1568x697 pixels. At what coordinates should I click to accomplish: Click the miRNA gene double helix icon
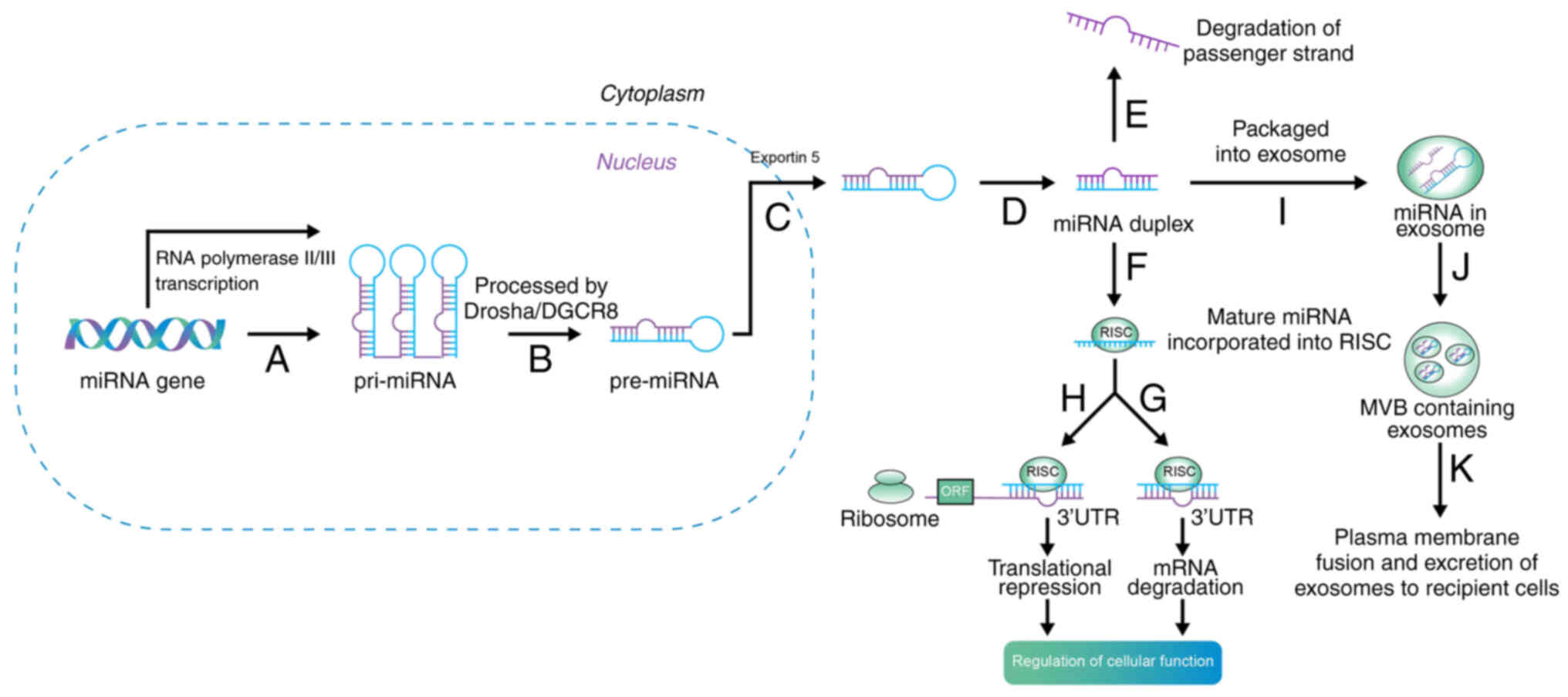[x=144, y=334]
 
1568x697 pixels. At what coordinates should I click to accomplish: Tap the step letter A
[x=277, y=359]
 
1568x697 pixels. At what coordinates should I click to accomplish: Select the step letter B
[x=540, y=359]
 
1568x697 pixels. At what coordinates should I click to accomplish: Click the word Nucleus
[x=636, y=162]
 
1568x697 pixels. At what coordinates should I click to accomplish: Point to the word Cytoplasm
[x=652, y=94]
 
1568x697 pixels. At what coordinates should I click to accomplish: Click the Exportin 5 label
[x=785, y=157]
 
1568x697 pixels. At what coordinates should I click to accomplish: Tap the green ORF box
[x=955, y=491]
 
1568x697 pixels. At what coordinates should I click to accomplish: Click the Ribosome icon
[x=890, y=487]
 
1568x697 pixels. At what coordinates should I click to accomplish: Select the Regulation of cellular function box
[x=1112, y=662]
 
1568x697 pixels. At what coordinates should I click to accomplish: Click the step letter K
[x=1461, y=468]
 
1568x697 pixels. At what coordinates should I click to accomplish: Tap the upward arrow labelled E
[x=1113, y=104]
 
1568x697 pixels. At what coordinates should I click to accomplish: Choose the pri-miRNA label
[x=404, y=381]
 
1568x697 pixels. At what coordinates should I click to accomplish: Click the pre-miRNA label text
[x=664, y=381]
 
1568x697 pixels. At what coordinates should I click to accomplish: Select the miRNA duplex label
[x=1123, y=224]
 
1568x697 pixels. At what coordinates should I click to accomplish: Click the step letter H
[x=1073, y=399]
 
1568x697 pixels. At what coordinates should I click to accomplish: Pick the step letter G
[x=1153, y=399]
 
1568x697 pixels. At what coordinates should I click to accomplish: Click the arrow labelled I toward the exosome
[x=1277, y=183]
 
